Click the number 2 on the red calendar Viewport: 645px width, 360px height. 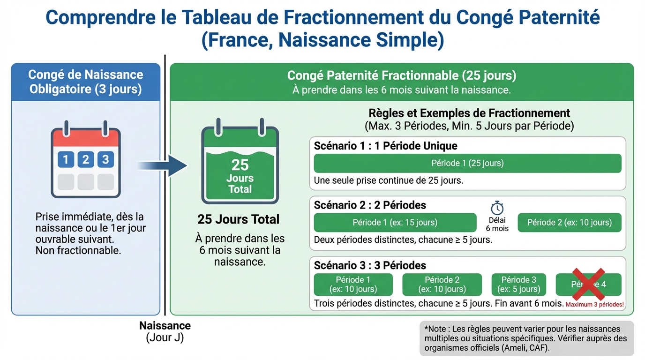85,159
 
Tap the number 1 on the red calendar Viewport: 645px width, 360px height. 66,159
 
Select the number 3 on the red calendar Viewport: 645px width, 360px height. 105,159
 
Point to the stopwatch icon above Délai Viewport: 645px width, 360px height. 497,208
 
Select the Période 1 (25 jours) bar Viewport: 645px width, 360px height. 467,163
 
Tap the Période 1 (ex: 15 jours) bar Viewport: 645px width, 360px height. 395,222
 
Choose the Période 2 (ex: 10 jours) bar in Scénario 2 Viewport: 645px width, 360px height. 569,222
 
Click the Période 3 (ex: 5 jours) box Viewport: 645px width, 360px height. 518,285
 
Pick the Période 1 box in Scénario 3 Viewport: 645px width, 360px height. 353,285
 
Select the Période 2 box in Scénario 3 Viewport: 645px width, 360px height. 442,285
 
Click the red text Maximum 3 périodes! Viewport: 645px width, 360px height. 595,304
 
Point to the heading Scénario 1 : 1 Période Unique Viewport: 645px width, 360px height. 385,146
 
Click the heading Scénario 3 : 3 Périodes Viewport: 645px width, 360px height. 370,265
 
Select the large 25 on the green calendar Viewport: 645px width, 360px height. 240,165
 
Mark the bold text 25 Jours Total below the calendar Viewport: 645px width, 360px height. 239,219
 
